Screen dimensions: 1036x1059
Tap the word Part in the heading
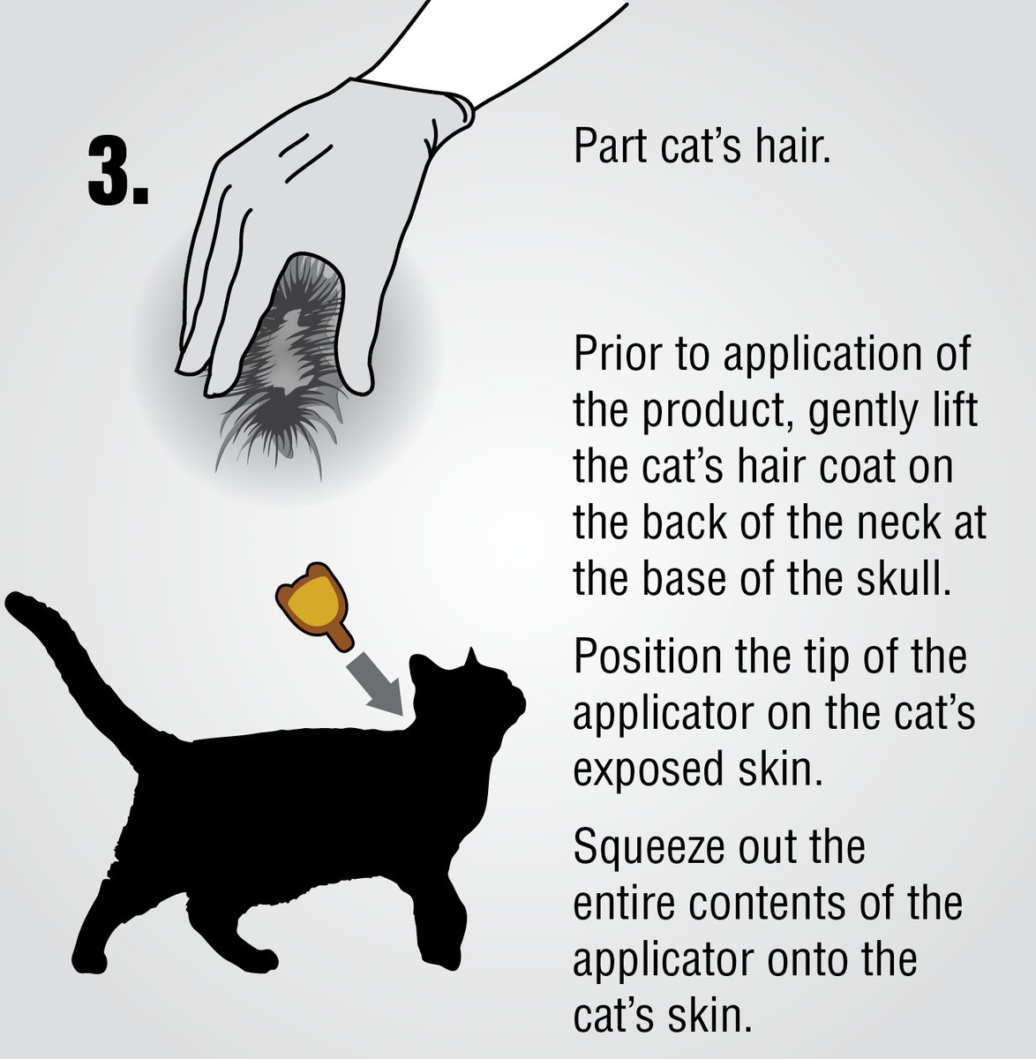pos(611,146)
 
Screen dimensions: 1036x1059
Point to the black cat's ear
pos(471,657)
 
